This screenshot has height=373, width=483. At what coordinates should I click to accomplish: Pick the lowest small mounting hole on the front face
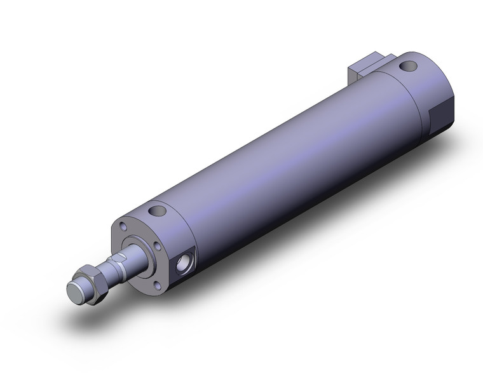click(158, 277)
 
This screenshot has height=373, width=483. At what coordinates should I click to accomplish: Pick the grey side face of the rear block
click(353, 72)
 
